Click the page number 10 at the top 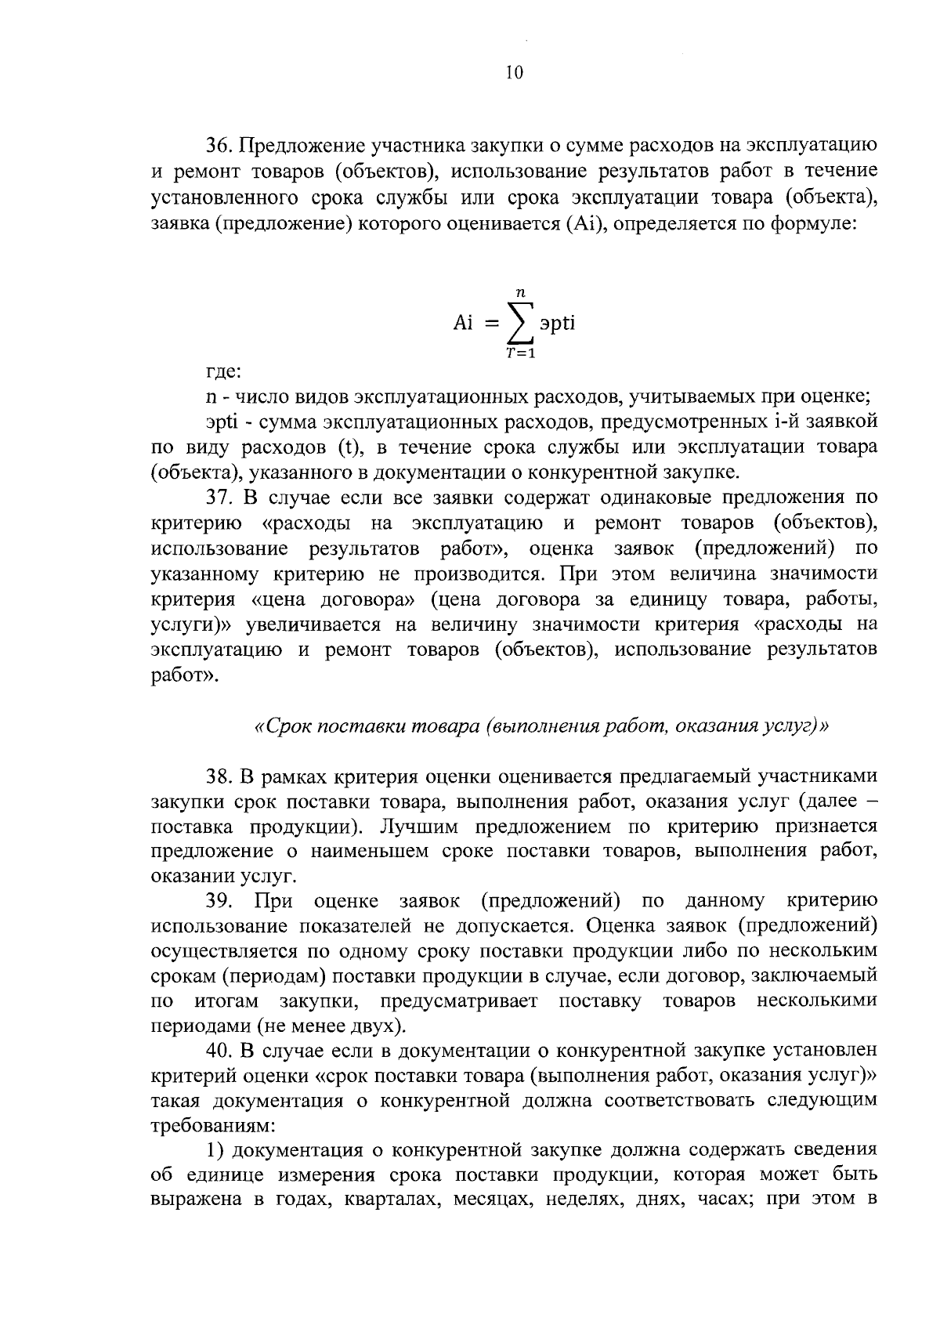point(513,73)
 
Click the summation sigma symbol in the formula point(520,324)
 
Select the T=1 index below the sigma point(520,353)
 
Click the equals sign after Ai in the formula point(491,324)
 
